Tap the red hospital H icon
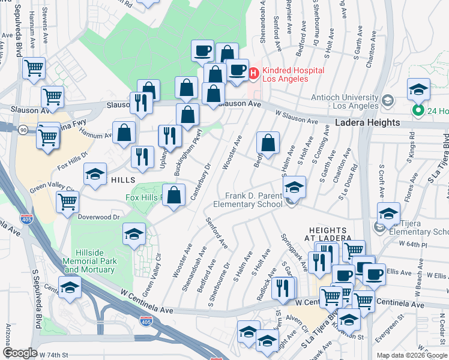[x=253, y=73]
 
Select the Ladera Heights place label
[x=367, y=122]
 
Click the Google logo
[x=20, y=353]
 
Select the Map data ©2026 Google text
[x=412, y=355]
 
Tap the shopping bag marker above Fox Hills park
[x=174, y=196]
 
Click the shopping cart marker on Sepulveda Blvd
[x=34, y=68]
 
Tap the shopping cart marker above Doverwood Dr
[x=68, y=203]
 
